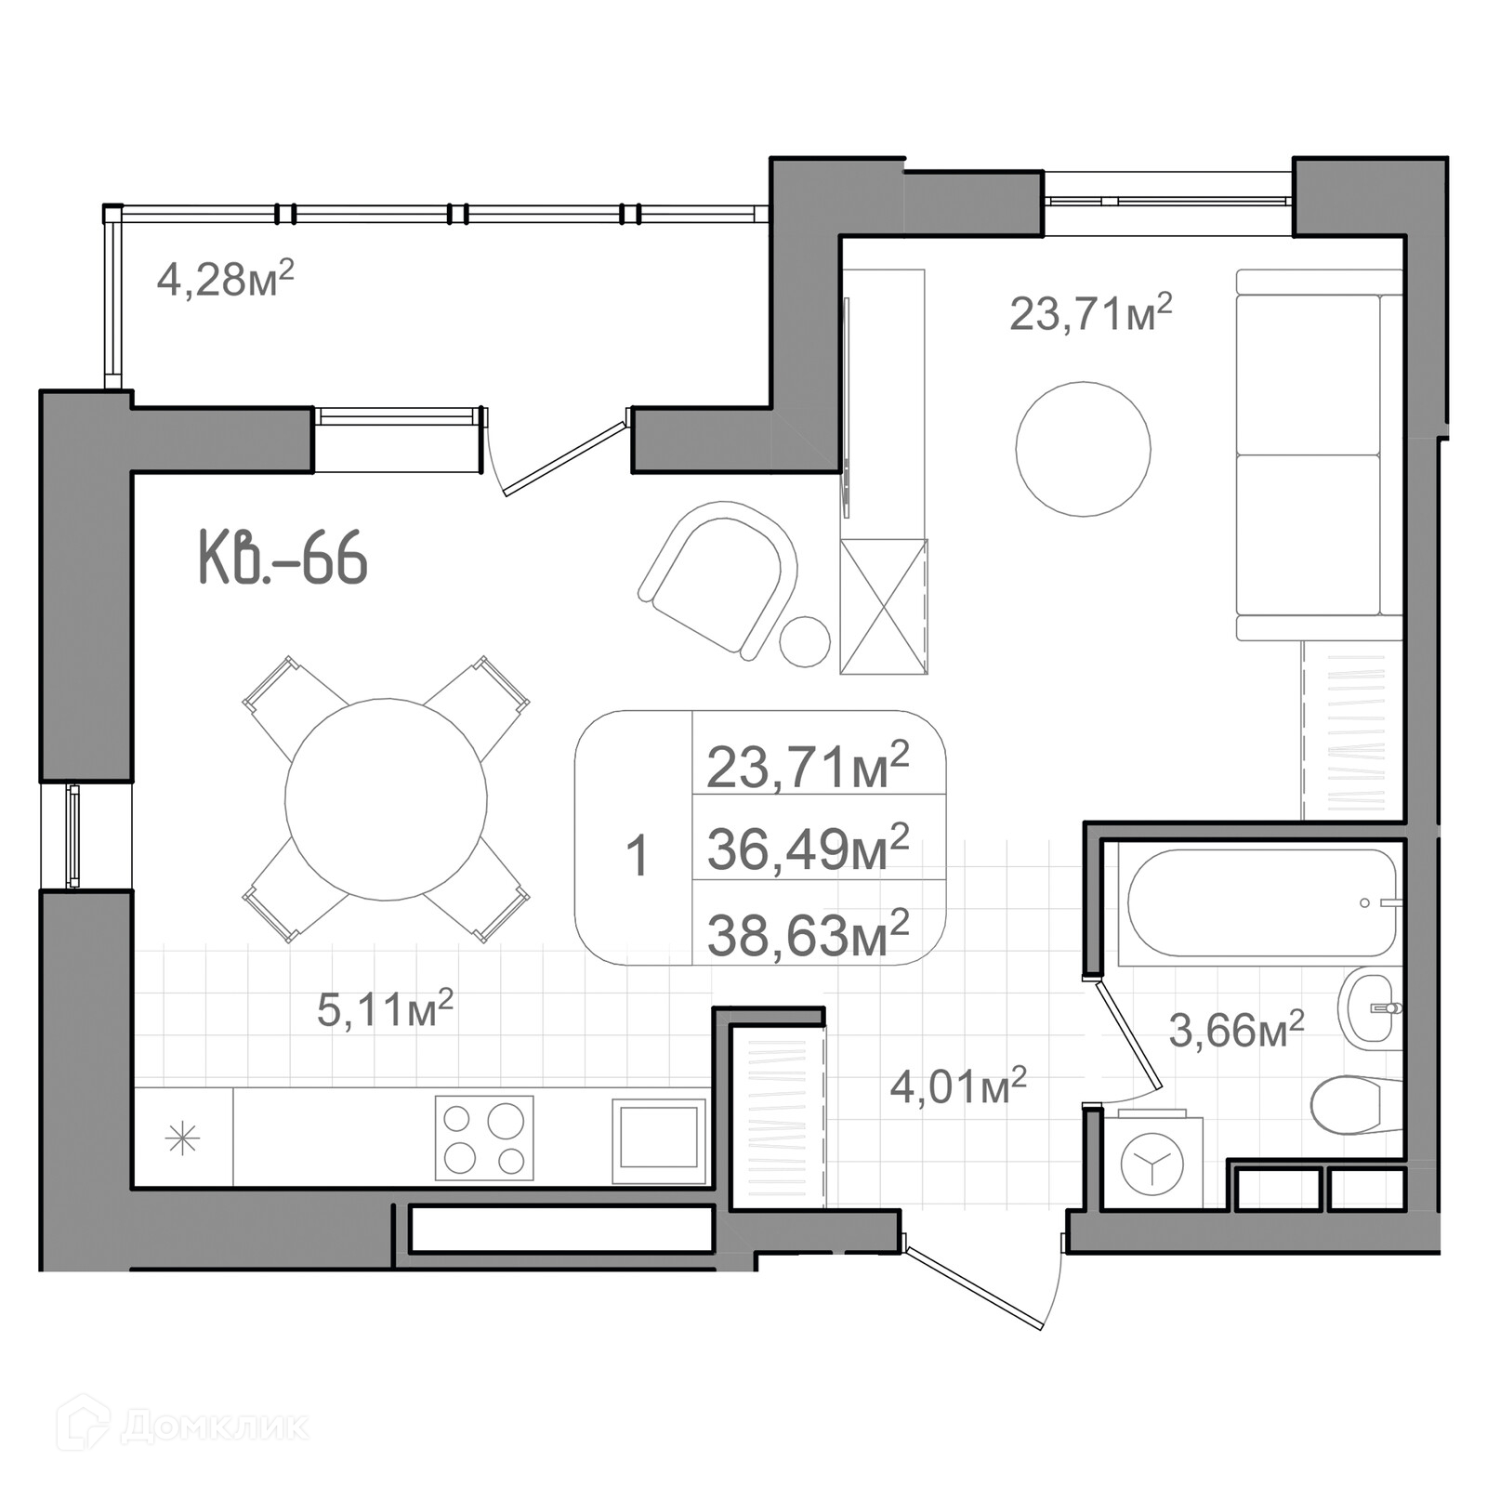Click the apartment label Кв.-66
[283, 558]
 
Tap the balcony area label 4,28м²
[225, 278]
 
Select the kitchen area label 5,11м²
[385, 1008]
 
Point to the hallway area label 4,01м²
[958, 1085]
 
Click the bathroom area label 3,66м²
[1236, 1030]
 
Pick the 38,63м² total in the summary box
[808, 934]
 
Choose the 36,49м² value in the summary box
[808, 849]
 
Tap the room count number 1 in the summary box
[637, 856]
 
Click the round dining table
[386, 799]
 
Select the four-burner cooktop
[484, 1138]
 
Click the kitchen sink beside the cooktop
[659, 1141]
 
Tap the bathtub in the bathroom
[1261, 902]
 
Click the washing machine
[1152, 1161]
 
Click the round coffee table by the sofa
[1083, 449]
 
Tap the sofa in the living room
[1319, 454]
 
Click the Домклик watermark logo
[182, 1423]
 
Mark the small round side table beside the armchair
[805, 641]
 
